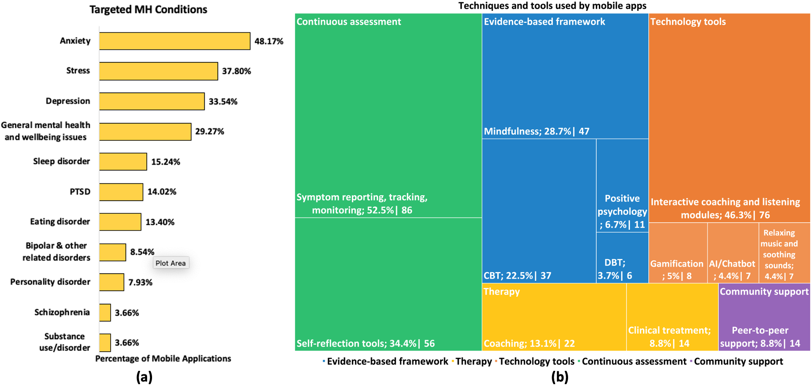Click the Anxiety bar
click(174, 41)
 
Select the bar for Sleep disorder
click(123, 161)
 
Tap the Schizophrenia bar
click(105, 312)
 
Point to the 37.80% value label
click(236, 71)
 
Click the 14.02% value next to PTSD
click(162, 192)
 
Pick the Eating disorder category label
click(60, 222)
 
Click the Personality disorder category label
click(50, 282)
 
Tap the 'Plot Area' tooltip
click(171, 263)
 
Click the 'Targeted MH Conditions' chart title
click(148, 9)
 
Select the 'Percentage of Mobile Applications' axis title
click(163, 358)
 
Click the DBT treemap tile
click(622, 258)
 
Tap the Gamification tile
click(678, 253)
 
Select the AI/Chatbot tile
click(733, 253)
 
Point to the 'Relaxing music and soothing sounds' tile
click(784, 253)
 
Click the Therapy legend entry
click(473, 361)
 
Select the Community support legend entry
click(738, 361)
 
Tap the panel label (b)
click(560, 377)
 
